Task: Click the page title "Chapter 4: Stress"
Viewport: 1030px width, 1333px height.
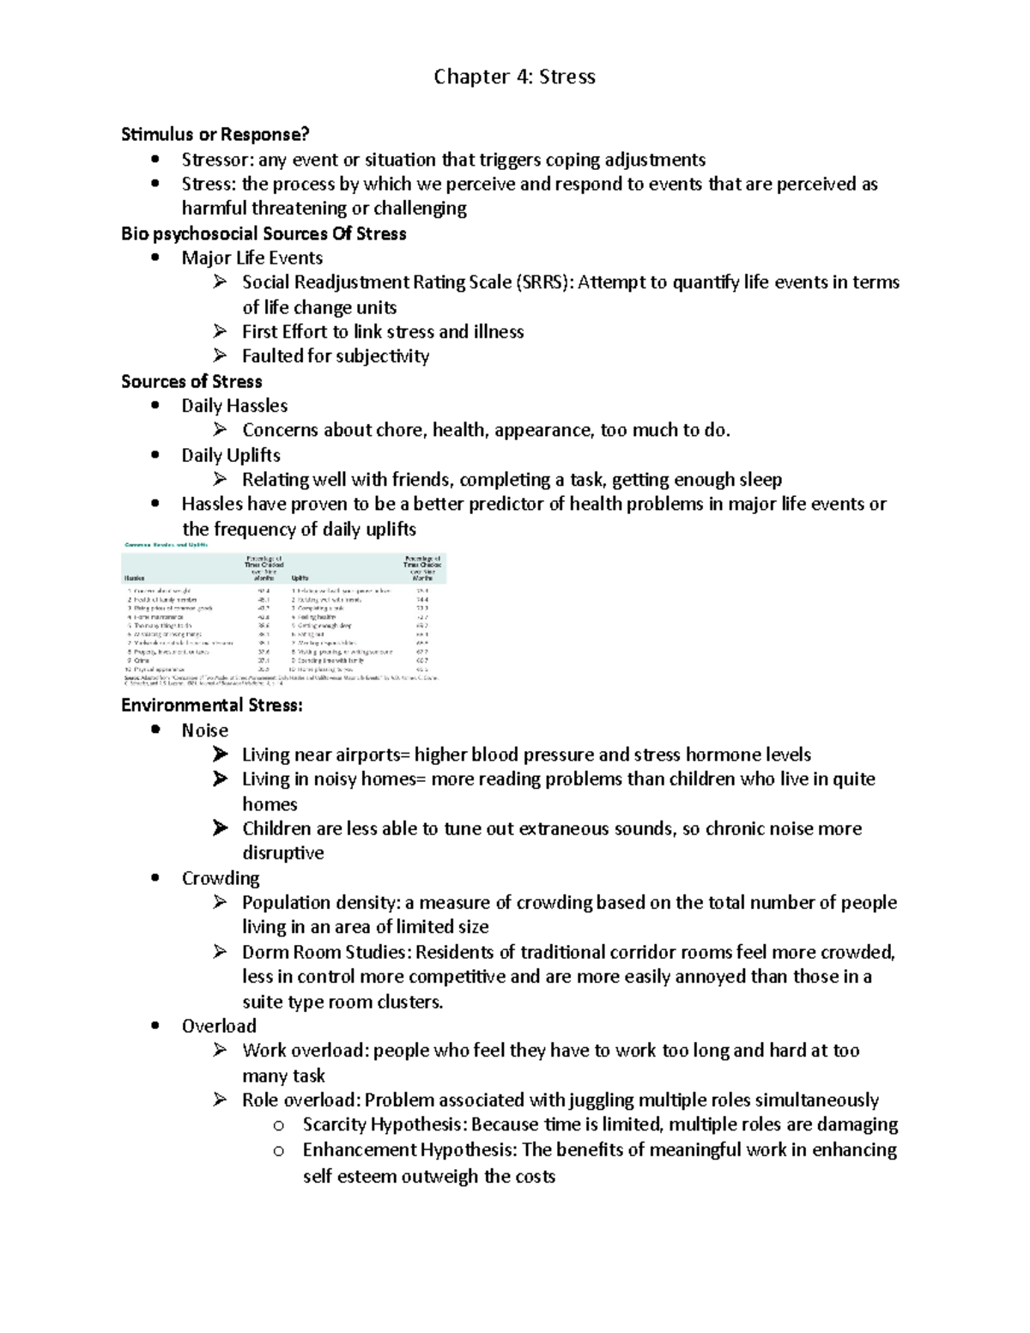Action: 514,77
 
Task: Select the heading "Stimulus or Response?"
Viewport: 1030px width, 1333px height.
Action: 215,135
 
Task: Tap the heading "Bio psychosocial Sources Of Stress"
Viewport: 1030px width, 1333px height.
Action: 264,233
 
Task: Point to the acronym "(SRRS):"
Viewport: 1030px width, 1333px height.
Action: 544,282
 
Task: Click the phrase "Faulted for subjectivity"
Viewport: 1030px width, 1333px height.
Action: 335,356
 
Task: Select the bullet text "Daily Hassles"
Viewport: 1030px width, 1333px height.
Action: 234,405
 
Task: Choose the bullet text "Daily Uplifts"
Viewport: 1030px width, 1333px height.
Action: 231,455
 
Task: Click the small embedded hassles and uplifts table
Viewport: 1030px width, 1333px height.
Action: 284,613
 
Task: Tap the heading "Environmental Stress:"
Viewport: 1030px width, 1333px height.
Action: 212,706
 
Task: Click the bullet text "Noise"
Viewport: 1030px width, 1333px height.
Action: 204,730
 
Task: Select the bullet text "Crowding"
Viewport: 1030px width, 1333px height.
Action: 221,878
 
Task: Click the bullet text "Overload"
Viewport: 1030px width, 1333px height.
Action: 219,1026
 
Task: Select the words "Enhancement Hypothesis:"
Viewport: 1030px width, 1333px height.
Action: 409,1149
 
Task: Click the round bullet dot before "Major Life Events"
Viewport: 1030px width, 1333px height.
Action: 155,258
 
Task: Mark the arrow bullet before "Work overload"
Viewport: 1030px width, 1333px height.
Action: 221,1050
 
